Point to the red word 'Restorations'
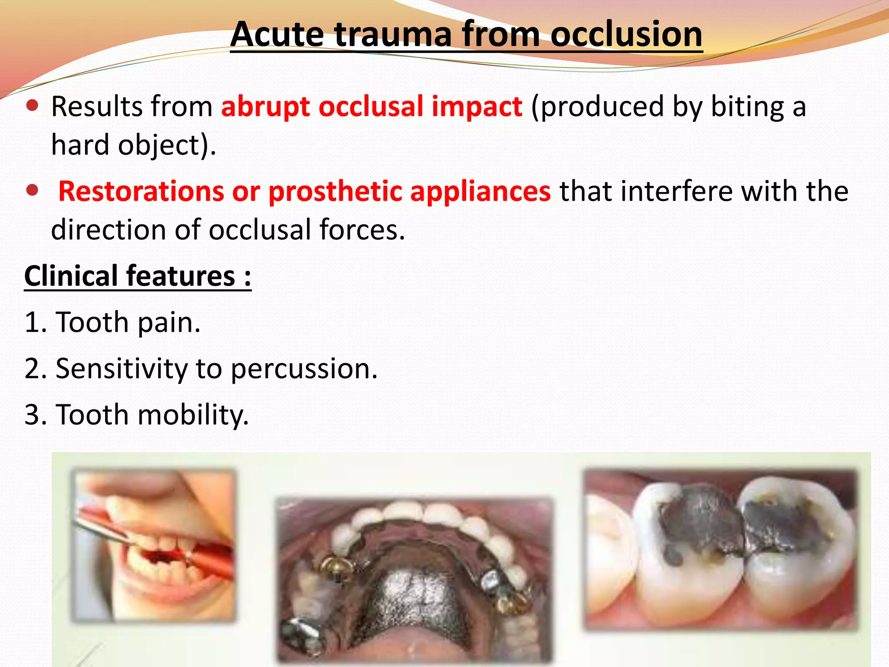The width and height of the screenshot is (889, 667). pyautogui.click(x=141, y=191)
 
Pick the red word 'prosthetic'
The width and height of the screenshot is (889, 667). pyautogui.click(x=334, y=191)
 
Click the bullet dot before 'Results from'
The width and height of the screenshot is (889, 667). pyautogui.click(x=33, y=106)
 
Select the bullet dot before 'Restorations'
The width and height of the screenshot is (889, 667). pyautogui.click(x=33, y=190)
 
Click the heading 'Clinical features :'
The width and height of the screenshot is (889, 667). pyautogui.click(x=138, y=276)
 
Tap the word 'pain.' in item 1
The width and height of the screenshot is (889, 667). pyautogui.click(x=169, y=323)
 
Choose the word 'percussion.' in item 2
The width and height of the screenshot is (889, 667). pyautogui.click(x=304, y=369)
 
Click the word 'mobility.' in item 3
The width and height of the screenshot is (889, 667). pyautogui.click(x=193, y=415)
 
